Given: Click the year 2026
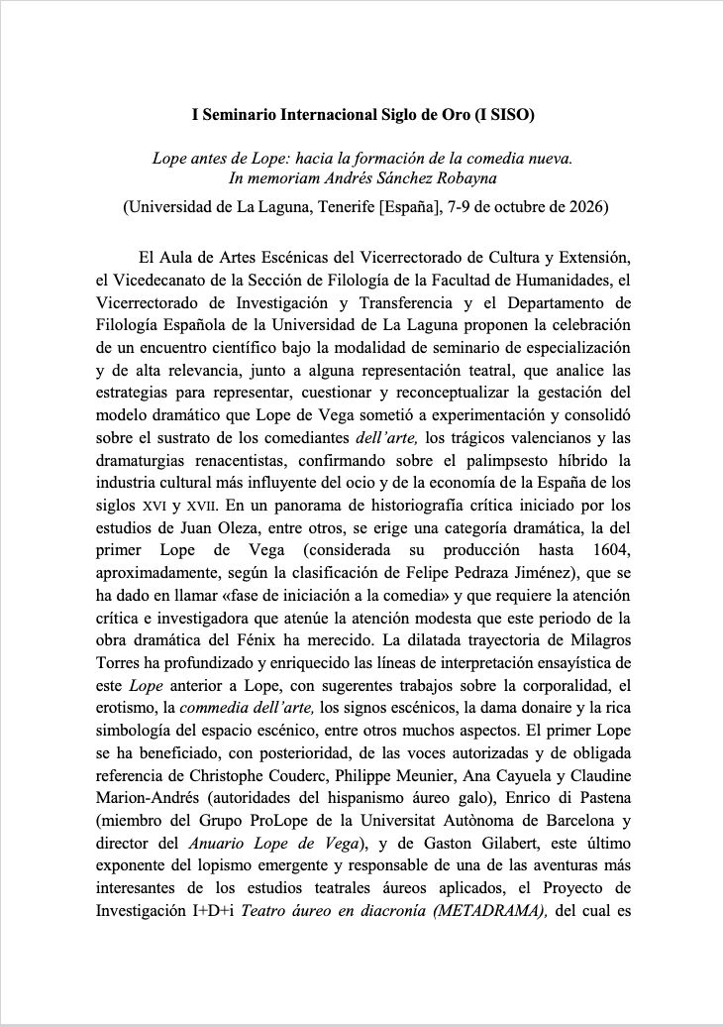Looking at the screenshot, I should pyautogui.click(x=584, y=208).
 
